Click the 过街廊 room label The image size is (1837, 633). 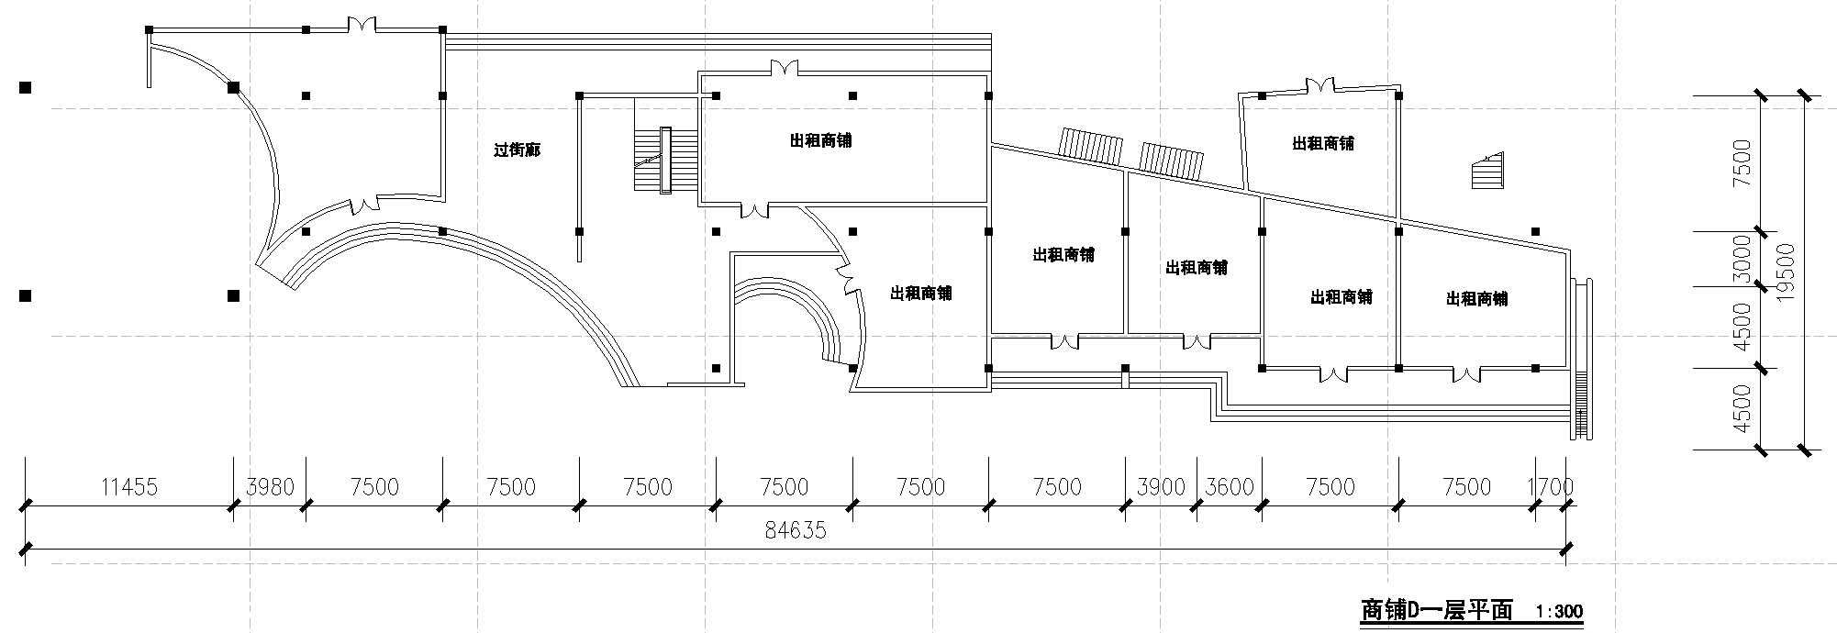pos(517,150)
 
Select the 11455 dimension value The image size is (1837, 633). pos(129,486)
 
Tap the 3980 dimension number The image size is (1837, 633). pos(270,486)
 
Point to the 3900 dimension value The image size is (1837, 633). pos(1161,486)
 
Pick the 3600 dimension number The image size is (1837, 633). pos(1230,486)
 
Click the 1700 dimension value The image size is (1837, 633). pos(1551,486)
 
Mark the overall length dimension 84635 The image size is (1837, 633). pos(796,529)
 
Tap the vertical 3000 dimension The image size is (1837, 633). pos(1741,259)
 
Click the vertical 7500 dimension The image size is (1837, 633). pos(1741,163)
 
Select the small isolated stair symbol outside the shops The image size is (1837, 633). pos(1487,171)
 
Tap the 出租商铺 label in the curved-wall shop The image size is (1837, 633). pos(920,293)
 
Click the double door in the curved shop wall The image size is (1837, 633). pos(846,276)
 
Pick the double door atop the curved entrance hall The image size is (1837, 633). pos(361,25)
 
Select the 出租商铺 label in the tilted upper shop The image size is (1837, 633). pos(1322,143)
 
